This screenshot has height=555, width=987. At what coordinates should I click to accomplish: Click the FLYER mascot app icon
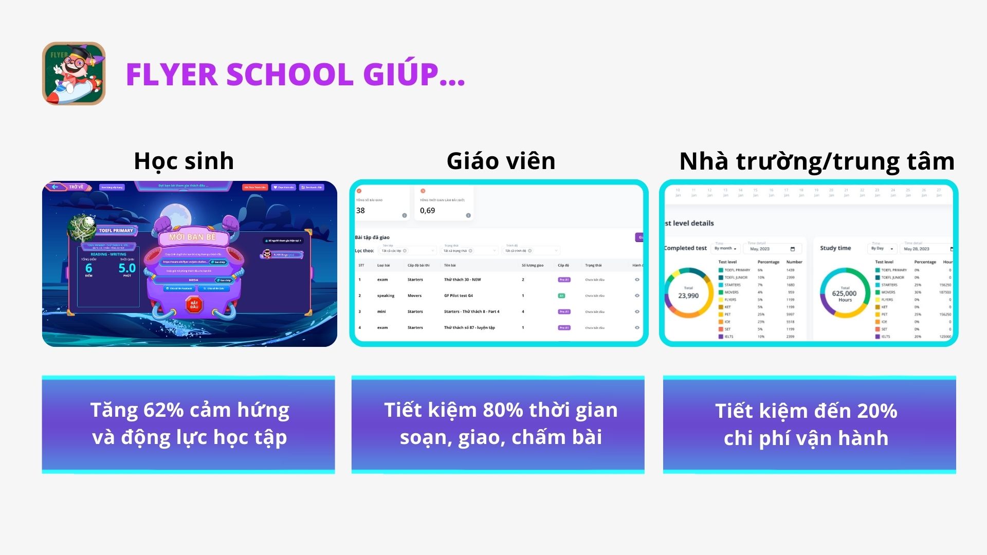[74, 73]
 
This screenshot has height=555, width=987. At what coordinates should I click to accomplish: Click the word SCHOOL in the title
[289, 75]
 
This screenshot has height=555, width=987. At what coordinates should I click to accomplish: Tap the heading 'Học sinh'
[184, 161]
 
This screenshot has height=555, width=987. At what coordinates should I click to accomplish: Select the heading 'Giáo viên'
[501, 161]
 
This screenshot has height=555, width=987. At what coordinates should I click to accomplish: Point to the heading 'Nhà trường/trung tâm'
[816, 161]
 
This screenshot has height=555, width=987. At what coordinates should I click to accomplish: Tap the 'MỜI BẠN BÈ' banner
[193, 237]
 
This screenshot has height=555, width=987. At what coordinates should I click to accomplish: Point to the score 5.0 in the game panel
[127, 268]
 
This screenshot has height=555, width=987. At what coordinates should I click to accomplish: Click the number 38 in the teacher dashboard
[360, 211]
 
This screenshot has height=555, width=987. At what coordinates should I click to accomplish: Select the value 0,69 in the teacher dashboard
[427, 211]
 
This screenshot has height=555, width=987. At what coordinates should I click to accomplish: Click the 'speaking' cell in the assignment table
[386, 296]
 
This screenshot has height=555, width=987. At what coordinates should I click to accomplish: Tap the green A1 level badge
[561, 296]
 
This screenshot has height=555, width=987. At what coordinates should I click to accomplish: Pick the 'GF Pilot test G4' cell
[458, 296]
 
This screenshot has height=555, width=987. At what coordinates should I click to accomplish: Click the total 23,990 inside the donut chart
[688, 296]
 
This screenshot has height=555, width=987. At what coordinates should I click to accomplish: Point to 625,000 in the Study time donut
[844, 294]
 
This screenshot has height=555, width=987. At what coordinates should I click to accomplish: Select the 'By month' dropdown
[726, 249]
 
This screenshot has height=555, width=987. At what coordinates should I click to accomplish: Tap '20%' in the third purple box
[876, 411]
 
